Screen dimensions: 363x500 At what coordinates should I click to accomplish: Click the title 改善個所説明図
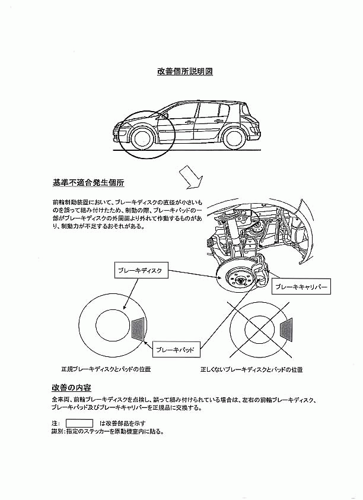pos(185,71)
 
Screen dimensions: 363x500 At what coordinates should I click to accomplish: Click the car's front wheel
pos(141,138)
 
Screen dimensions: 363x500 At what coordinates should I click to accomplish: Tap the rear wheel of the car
pos(234,138)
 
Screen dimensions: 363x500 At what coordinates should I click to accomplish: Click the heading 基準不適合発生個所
pos(88,183)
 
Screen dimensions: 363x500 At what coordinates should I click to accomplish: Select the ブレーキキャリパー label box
pos(301,287)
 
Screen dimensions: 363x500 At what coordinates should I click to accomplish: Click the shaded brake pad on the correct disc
pos(138,328)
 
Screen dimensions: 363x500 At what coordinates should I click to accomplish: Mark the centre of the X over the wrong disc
pos(260,329)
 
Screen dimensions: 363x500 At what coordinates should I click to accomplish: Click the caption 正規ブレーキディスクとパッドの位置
pos(106,369)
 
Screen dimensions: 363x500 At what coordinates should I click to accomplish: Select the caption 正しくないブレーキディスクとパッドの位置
pos(251,369)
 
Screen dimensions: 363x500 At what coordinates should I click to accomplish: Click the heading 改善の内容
pos(71,388)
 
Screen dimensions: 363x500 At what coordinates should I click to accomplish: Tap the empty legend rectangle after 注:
pos(79,423)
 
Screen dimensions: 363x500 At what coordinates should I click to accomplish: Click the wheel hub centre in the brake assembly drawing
pos(240,281)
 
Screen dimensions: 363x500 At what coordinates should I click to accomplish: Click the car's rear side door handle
pos(219,121)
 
